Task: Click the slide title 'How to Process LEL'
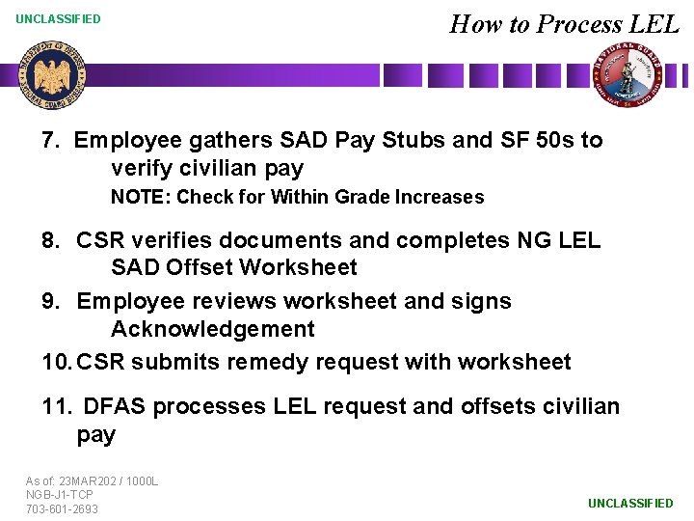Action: click(564, 23)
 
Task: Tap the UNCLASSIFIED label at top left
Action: click(58, 18)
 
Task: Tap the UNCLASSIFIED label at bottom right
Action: click(630, 503)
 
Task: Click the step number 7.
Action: click(50, 140)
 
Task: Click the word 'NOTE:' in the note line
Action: click(141, 197)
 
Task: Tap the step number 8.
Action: click(51, 239)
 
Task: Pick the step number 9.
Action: click(51, 301)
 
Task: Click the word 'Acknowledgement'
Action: click(212, 329)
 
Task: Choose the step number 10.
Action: click(57, 362)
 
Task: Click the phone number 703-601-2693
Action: click(63, 508)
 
